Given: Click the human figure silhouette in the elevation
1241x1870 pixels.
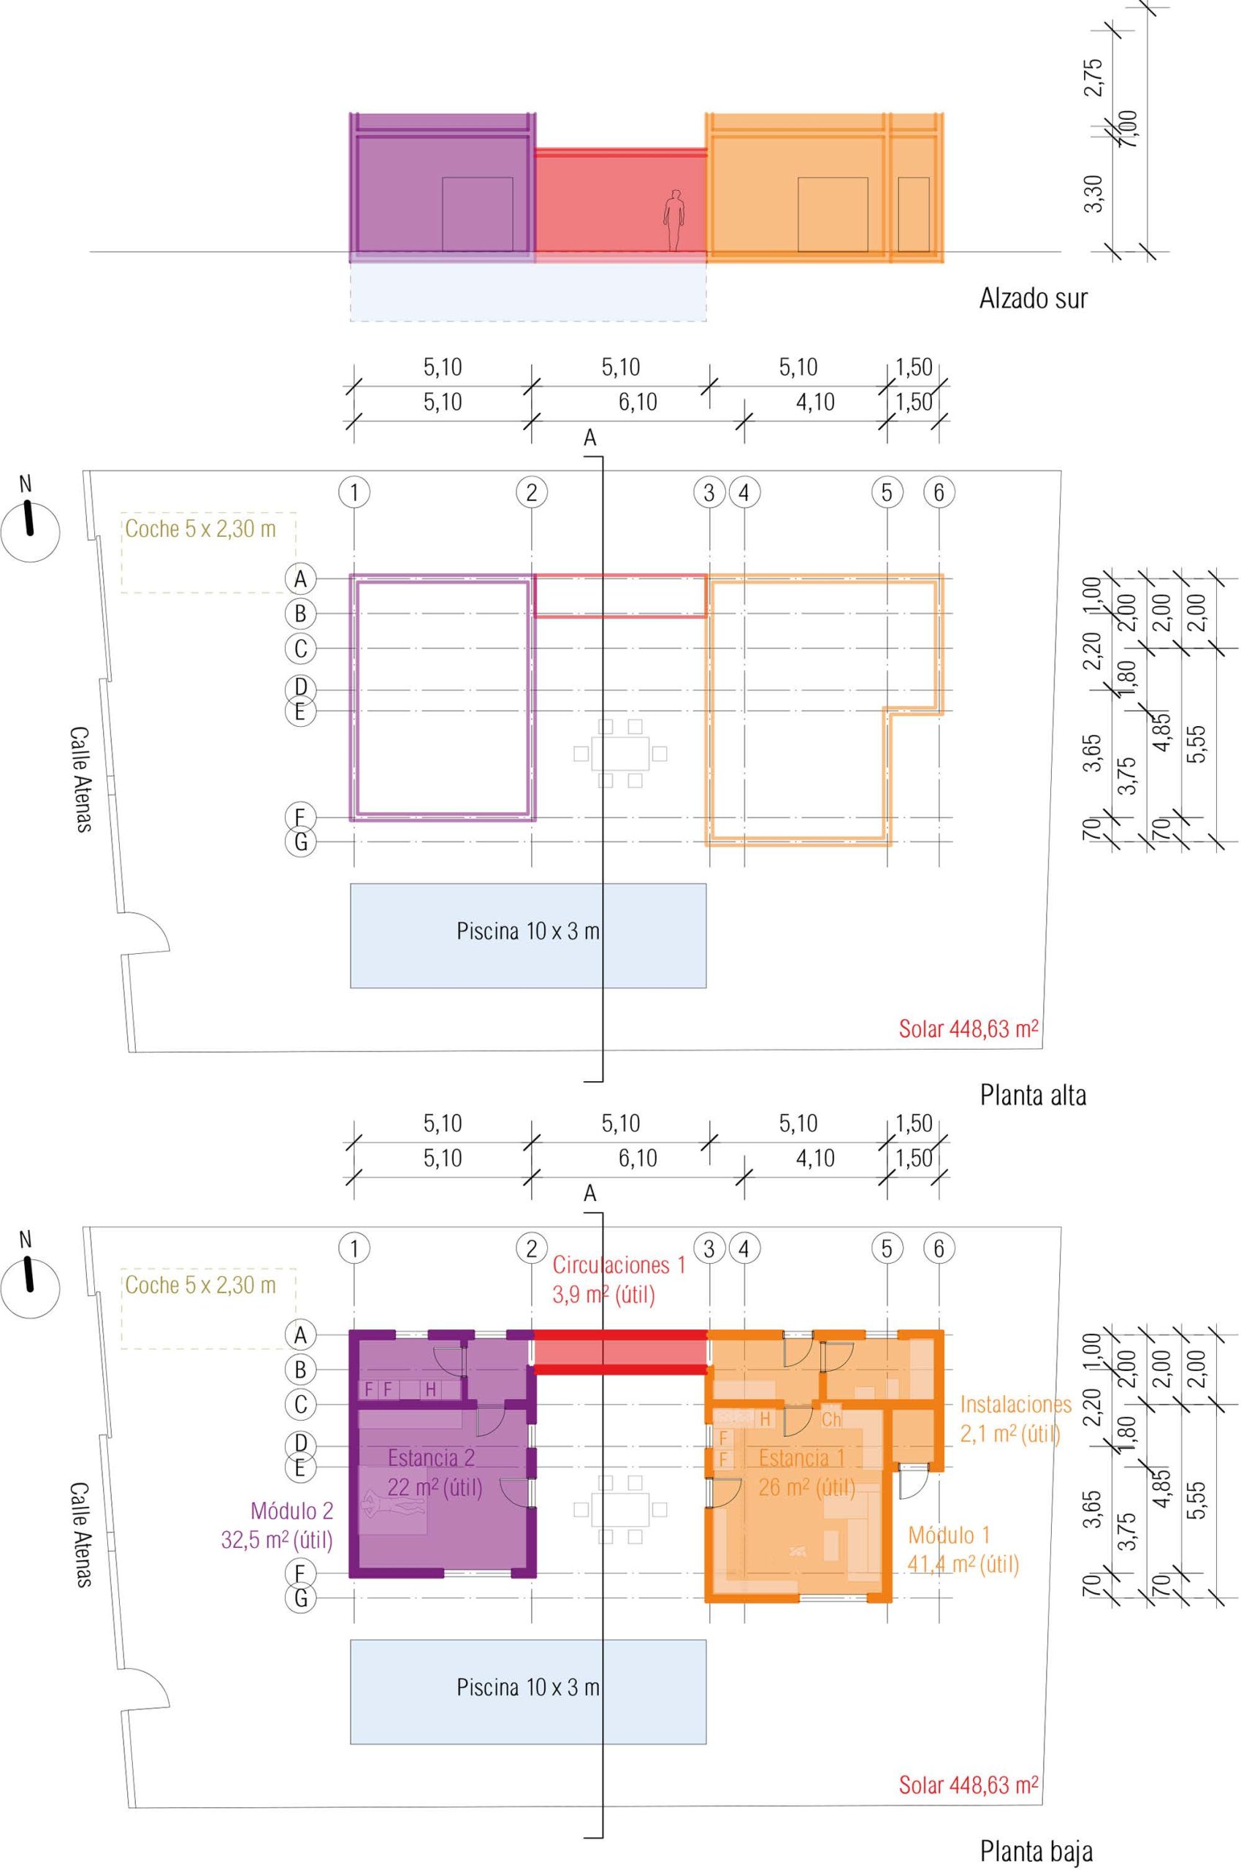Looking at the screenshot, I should pyautogui.click(x=673, y=221).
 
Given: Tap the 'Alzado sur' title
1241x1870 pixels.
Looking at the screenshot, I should pyautogui.click(x=1033, y=299).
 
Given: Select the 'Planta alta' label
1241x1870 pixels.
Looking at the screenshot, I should pyautogui.click(x=1033, y=1095).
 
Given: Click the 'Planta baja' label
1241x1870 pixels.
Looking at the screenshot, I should pyautogui.click(x=1036, y=1846).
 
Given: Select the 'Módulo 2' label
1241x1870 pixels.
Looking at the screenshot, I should pyautogui.click(x=291, y=1511).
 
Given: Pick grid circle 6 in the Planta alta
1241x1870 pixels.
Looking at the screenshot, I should pyautogui.click(x=939, y=493).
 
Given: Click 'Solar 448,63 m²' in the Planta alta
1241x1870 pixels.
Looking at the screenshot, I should pyautogui.click(x=968, y=1028).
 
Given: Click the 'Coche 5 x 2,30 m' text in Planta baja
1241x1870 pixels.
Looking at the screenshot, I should pyautogui.click(x=201, y=1285).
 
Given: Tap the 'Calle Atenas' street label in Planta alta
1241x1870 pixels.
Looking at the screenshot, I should pyautogui.click(x=80, y=779).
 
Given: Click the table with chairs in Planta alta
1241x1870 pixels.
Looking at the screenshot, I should pyautogui.click(x=621, y=753).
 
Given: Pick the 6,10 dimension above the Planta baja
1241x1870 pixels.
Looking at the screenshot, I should pyautogui.click(x=637, y=1159).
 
